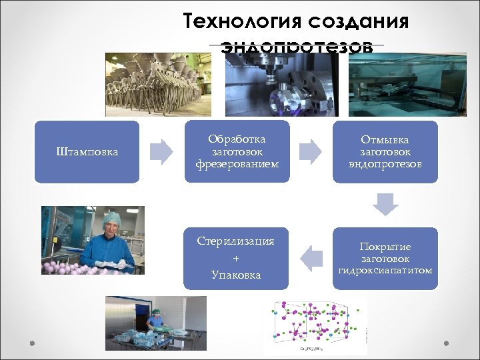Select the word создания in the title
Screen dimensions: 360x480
coord(358,21)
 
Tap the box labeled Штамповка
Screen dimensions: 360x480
coord(87,152)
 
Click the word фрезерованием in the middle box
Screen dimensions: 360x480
coord(237,164)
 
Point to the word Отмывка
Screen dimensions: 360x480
coord(385,139)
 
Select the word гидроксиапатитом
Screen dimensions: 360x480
coord(385,270)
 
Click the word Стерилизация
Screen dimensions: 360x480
coord(236,241)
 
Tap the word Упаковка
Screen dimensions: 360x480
coord(236,275)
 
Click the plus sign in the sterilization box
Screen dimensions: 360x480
coord(236,258)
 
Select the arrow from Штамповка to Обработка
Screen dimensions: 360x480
coord(161,152)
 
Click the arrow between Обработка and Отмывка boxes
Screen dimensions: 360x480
coord(310,152)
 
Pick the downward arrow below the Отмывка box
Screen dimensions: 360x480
coord(385,204)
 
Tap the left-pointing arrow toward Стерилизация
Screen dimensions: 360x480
coord(310,258)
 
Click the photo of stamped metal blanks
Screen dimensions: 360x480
coord(157,85)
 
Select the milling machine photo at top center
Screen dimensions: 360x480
coord(281,85)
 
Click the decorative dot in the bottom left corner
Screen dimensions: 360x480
coord(31,343)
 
